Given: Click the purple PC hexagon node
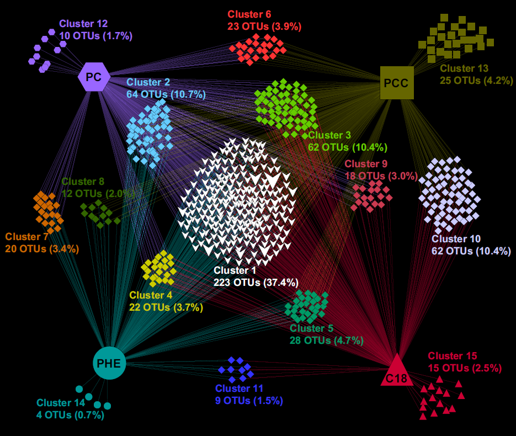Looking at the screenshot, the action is pyautogui.click(x=94, y=77).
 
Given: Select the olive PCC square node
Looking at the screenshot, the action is pyautogui.click(x=397, y=83).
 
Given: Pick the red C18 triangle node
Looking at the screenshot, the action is pyautogui.click(x=396, y=372).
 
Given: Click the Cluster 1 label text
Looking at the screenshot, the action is pyautogui.click(x=235, y=270).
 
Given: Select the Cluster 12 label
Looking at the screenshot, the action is pyautogui.click(x=83, y=24).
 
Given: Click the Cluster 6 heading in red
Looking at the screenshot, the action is pyautogui.click(x=249, y=14).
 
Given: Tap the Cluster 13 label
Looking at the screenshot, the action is pyautogui.click(x=464, y=68).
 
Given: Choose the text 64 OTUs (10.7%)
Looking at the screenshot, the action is pyautogui.click(x=166, y=94).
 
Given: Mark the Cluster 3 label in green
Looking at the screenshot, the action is pyautogui.click(x=329, y=135).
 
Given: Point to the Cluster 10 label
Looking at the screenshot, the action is pyautogui.click(x=456, y=239).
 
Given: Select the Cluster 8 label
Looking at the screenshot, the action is pyautogui.click(x=83, y=182).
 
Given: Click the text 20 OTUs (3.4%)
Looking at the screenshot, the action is pyautogui.click(x=42, y=249).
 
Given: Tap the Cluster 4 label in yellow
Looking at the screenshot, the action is pyautogui.click(x=151, y=295).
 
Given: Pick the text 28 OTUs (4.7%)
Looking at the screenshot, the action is pyautogui.click(x=327, y=341).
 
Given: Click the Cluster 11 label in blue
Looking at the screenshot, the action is pyautogui.click(x=240, y=389).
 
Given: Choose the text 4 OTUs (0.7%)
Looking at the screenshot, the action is pyautogui.click(x=70, y=415).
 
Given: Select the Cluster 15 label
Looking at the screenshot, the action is pyautogui.click(x=452, y=356).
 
